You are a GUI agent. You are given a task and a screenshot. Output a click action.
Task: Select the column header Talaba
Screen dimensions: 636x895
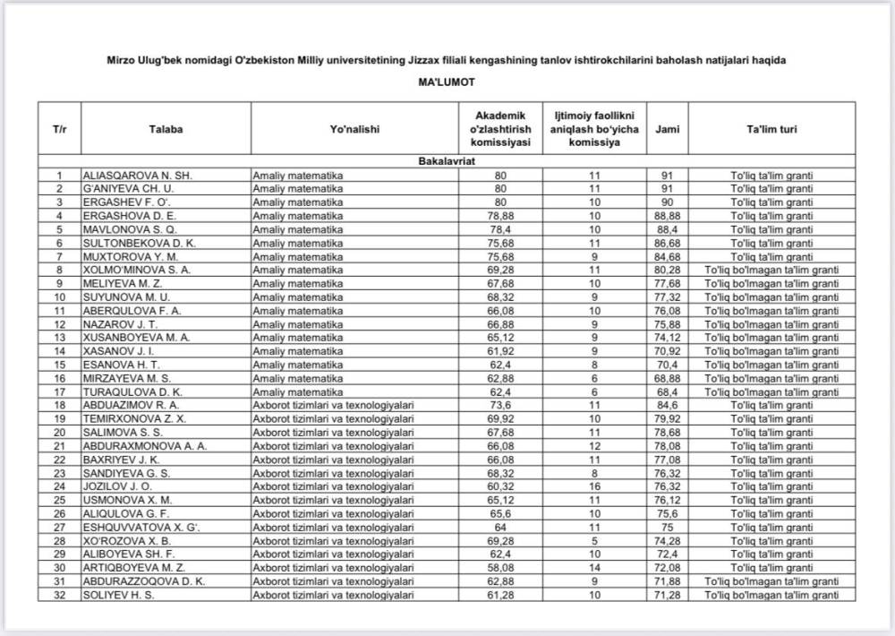click(x=166, y=129)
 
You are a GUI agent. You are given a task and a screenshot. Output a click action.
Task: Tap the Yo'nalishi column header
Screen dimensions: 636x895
click(x=354, y=129)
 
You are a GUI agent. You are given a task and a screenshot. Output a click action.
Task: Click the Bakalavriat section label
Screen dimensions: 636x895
click(x=447, y=162)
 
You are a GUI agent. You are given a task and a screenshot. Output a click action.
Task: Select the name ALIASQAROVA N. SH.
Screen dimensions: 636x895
click(x=137, y=176)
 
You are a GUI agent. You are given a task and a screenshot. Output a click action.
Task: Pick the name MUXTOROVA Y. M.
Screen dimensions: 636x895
click(x=130, y=256)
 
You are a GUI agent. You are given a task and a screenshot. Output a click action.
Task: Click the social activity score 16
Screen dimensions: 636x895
click(x=594, y=486)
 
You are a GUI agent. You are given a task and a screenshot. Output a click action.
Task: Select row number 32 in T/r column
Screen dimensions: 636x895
click(x=59, y=594)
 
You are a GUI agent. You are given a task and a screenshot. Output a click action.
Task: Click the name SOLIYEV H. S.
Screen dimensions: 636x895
click(x=119, y=594)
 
